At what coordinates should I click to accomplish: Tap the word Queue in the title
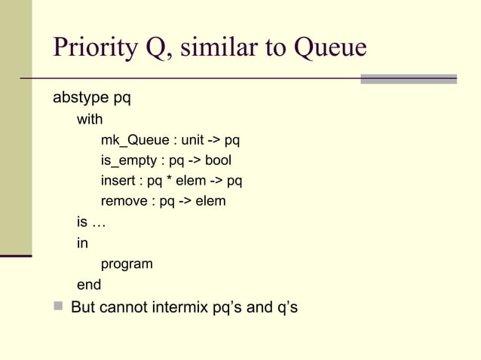(x=329, y=47)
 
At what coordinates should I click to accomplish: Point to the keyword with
(x=90, y=119)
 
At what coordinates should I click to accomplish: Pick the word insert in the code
(x=118, y=181)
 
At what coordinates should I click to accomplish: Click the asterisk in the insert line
(x=170, y=182)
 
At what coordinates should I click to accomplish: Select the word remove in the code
(x=124, y=202)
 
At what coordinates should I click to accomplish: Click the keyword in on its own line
(x=82, y=243)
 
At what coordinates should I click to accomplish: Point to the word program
(x=127, y=264)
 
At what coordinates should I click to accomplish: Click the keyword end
(x=89, y=285)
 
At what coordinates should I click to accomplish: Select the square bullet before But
(x=58, y=307)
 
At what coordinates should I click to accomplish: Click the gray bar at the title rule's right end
(x=409, y=78)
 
